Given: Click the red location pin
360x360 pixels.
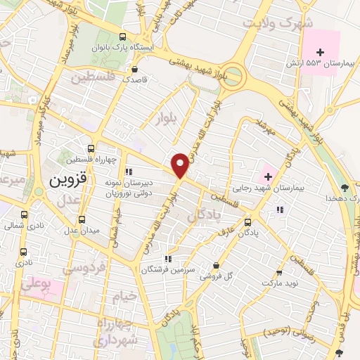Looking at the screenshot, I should pos(180,165).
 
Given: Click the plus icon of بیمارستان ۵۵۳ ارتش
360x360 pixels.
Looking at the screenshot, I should pos(321,51).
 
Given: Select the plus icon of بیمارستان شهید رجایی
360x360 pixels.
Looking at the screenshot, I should pos(268,175).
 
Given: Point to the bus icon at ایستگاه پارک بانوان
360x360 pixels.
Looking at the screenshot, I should pos(123,37).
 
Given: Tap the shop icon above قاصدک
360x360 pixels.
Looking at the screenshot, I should pos(134,69).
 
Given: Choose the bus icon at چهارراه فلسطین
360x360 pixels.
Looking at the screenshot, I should pos(91,148).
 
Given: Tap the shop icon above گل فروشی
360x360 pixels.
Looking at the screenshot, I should pos(216,265).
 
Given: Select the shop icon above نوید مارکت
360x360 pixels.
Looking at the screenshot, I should pos(280,273).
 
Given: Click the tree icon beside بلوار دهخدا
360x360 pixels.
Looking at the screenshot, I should pos(344,187).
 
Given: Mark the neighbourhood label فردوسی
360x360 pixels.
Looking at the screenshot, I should pos(84,268).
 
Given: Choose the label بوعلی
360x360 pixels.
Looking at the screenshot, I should pos(35,285).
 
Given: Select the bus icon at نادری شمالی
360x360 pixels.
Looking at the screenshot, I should pos(25,215).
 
